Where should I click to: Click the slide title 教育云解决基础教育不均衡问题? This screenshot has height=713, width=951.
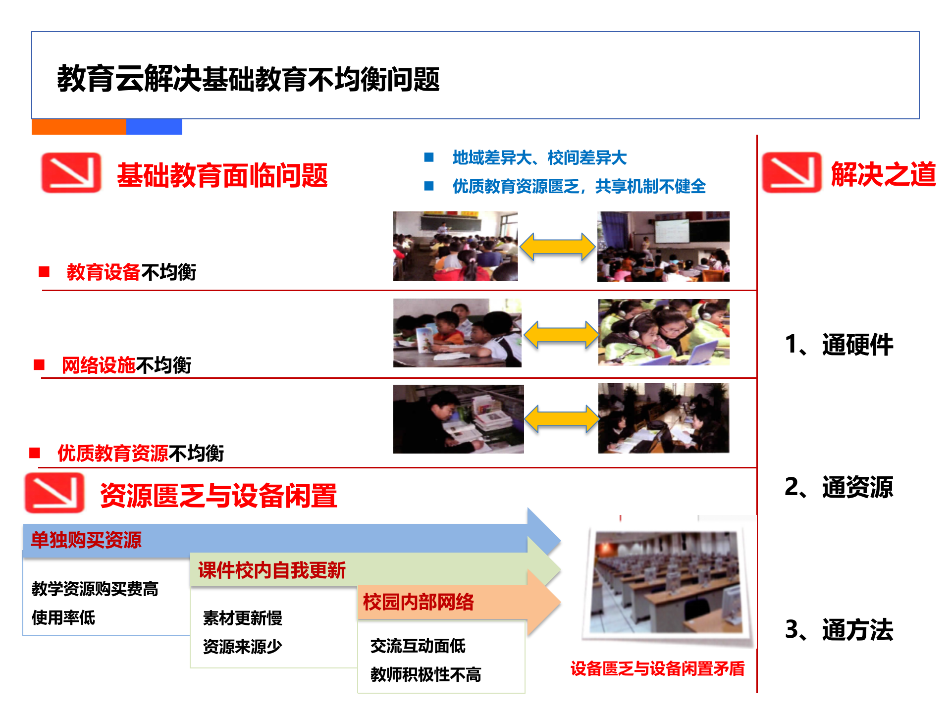pos(248,79)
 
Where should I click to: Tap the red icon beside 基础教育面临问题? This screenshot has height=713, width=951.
pos(71,172)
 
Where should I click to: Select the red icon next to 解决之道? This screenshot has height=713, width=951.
pos(791,172)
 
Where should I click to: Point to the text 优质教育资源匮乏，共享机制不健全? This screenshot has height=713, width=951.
pos(579,187)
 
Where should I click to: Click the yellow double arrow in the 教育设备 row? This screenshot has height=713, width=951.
pos(558,247)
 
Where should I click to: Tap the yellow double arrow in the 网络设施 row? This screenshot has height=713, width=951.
pos(561,335)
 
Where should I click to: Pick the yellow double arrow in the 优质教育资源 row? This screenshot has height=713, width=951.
pos(561,419)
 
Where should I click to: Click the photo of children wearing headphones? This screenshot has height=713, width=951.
pos(663,332)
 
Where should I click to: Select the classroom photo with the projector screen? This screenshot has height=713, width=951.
pos(663,247)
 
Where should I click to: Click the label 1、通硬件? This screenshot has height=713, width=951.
pos(839,345)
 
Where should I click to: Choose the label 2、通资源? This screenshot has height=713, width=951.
pos(839,487)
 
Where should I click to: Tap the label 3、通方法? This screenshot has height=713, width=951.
pos(839,630)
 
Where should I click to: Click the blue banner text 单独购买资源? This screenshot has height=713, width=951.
pos(86,540)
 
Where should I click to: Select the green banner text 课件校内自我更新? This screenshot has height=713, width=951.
pos(272,570)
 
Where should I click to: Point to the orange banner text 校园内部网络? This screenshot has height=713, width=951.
pos(419,602)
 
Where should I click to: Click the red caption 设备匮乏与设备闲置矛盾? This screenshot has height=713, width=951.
pos(657,668)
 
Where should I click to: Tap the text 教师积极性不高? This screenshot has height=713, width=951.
pos(425,674)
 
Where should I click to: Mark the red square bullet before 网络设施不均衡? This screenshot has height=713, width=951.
pos(39,365)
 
